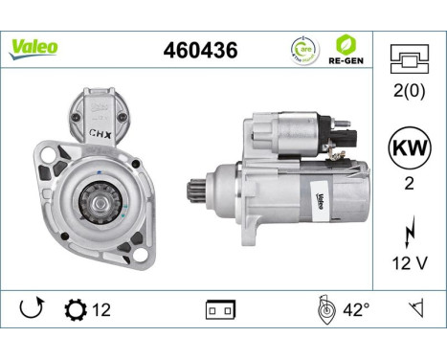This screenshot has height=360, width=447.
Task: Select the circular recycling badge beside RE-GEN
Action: click(x=302, y=49)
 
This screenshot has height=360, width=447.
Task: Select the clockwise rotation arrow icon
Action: click(x=31, y=309)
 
